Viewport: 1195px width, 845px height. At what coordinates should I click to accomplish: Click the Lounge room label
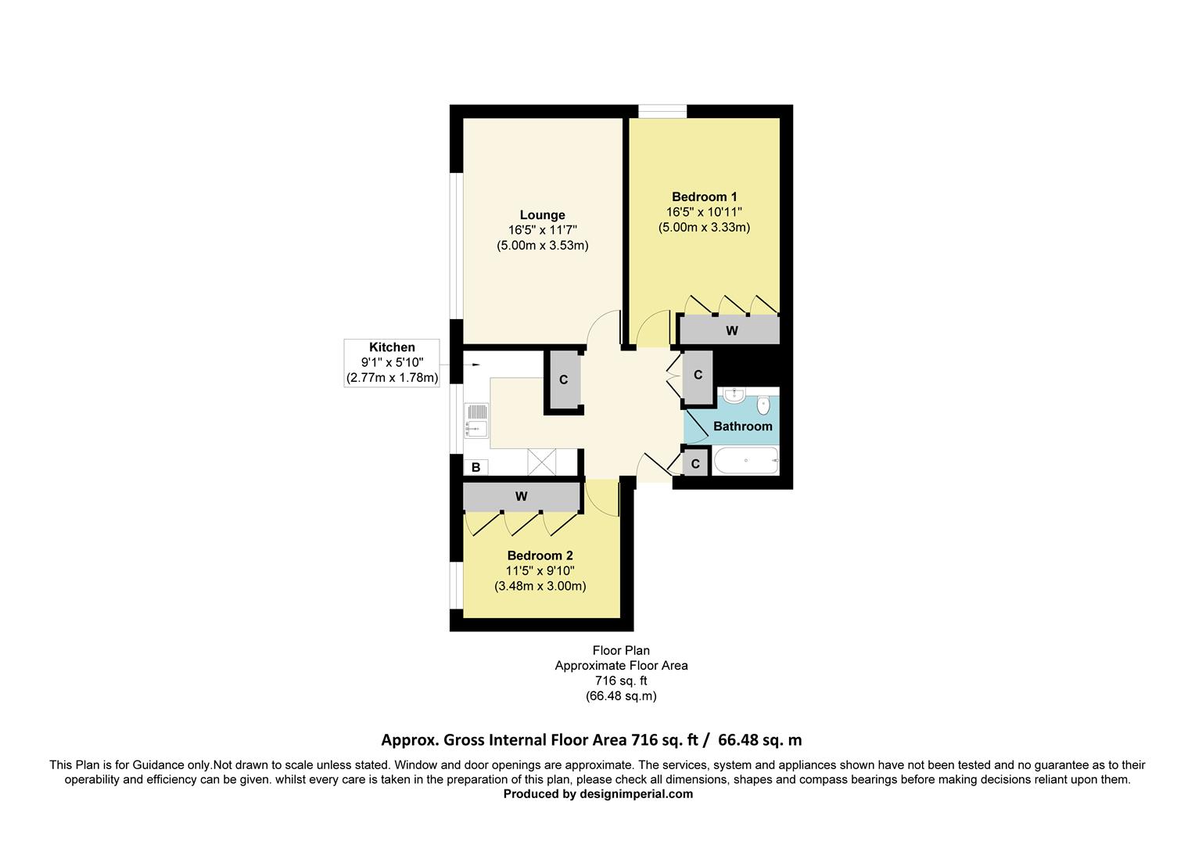coord(542,215)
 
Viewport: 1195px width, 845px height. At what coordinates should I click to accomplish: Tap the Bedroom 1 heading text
coord(704,197)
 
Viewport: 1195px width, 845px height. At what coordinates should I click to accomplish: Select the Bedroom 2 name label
coord(540,556)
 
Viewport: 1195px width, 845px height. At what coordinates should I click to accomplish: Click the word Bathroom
coord(742,426)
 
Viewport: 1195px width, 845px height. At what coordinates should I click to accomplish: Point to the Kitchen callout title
coord(392,347)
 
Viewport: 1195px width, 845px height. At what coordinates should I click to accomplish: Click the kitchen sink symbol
coord(475,419)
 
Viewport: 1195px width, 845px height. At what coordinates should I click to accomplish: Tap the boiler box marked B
coord(475,468)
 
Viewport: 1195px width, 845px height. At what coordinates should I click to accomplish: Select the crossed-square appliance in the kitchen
coord(540,462)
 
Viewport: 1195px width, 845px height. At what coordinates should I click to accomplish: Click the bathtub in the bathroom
coord(745,461)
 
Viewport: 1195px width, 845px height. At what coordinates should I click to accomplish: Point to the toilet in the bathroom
coord(764,405)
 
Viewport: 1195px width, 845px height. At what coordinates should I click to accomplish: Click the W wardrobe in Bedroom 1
coord(730,331)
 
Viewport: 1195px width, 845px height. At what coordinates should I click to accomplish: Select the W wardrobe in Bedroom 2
coord(522,497)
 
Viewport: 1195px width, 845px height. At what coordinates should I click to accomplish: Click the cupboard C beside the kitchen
coord(563,380)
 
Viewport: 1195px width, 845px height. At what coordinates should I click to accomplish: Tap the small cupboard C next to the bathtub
coord(694,464)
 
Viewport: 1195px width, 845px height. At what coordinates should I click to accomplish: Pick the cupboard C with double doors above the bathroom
coord(698,376)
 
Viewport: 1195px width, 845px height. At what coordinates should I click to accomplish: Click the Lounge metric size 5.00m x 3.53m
coord(542,246)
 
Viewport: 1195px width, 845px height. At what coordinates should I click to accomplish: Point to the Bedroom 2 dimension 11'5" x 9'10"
coord(540,571)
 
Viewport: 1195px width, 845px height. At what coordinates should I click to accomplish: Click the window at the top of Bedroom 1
coord(662,111)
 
